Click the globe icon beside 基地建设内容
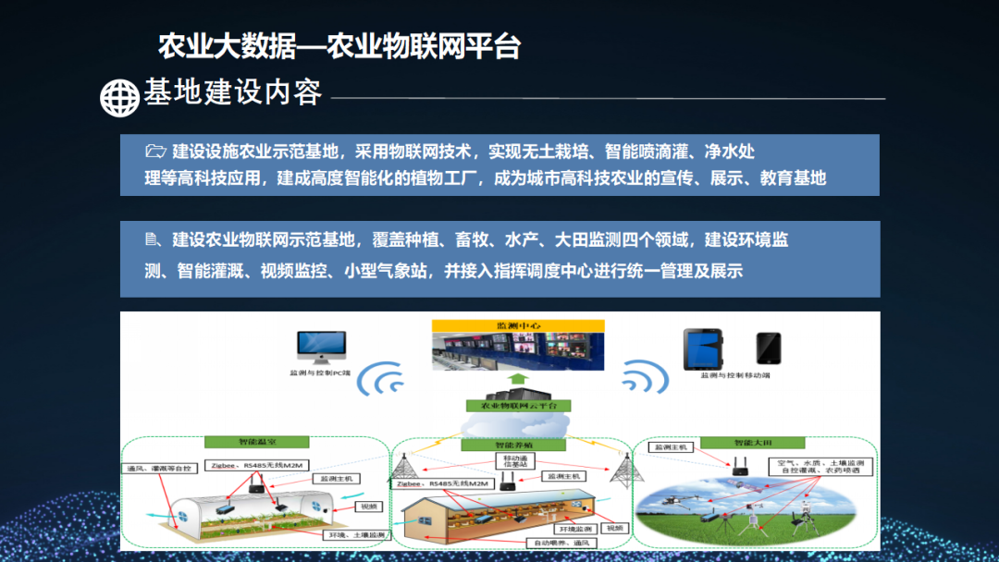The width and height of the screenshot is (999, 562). [x=118, y=97]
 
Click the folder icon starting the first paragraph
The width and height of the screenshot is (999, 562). [x=155, y=151]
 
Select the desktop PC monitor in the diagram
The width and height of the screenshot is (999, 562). [x=321, y=347]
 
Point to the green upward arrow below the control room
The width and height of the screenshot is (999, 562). [x=518, y=379]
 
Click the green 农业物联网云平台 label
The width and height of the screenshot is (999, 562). [x=518, y=405]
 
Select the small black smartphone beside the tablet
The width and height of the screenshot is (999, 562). [x=768, y=348]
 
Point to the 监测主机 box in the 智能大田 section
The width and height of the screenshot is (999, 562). [x=673, y=447]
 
